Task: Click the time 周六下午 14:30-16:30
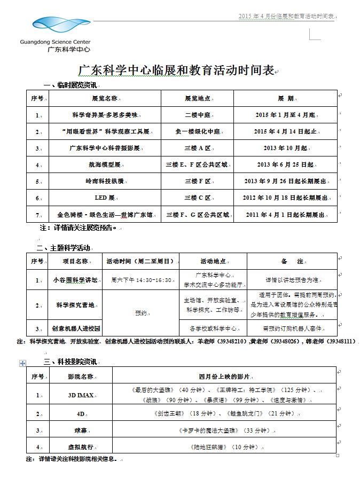coord(141,279)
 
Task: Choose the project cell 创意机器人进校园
coord(75,327)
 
